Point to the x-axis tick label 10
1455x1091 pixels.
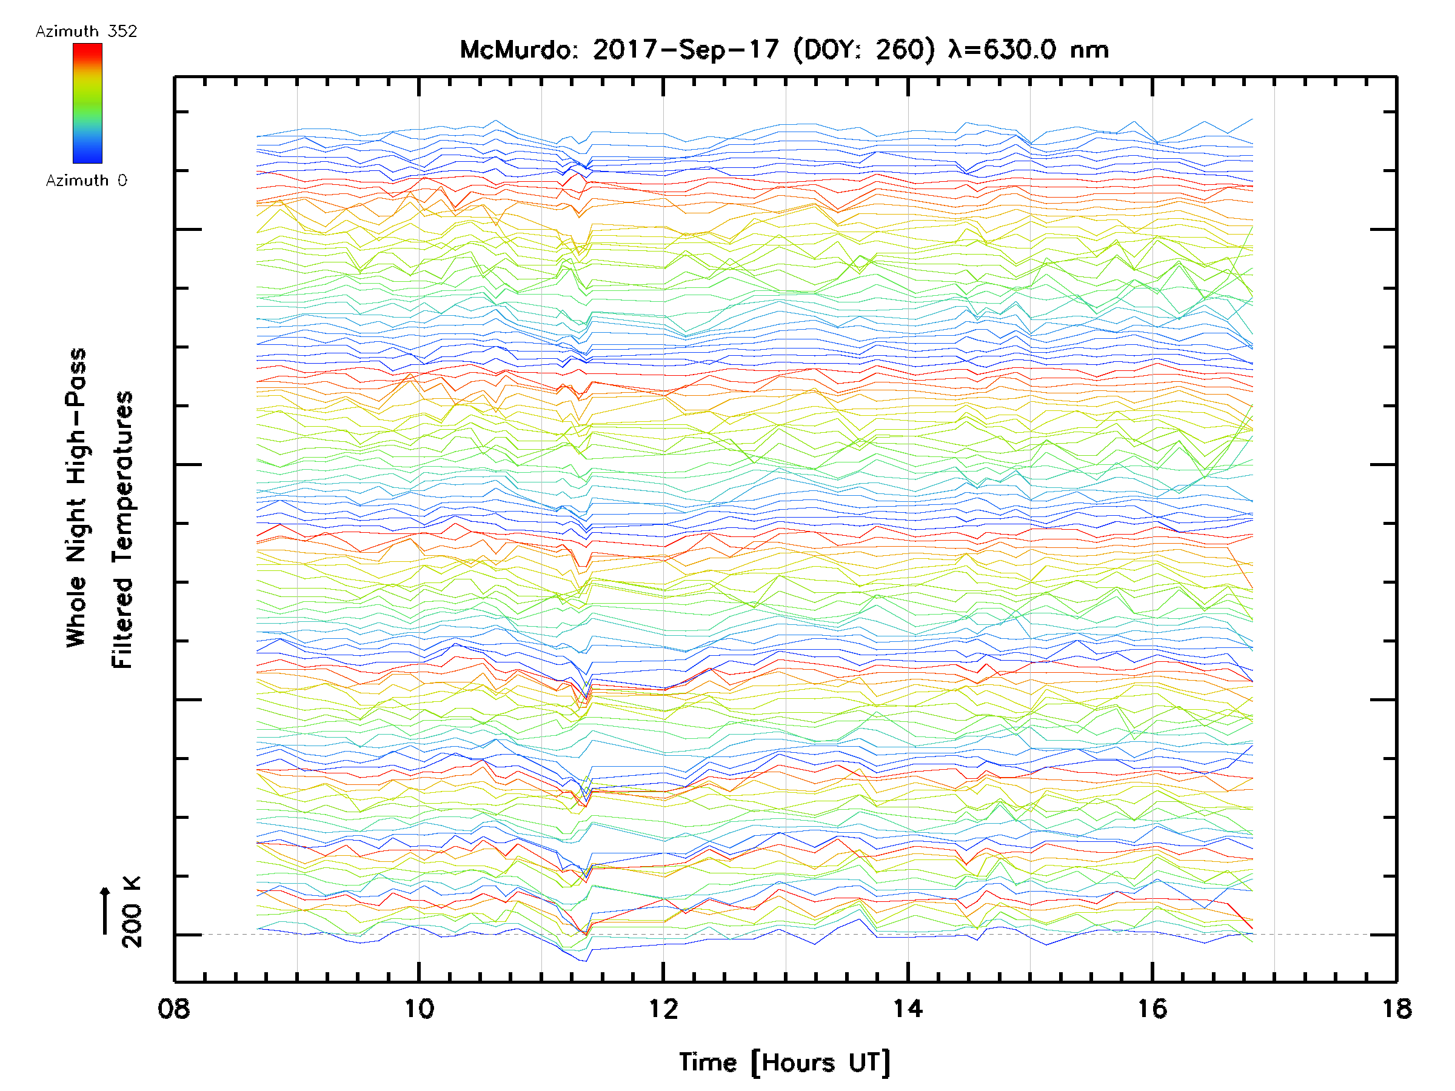418,1008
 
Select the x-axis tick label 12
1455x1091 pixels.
663,1008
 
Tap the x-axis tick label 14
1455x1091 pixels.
908,1008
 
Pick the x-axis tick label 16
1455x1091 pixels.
1152,1008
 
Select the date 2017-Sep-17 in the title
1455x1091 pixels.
686,50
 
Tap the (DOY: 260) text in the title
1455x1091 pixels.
864,50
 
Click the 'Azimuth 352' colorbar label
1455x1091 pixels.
86,32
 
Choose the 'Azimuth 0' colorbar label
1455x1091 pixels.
86,180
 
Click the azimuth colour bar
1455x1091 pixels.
87,103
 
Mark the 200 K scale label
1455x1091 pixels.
132,912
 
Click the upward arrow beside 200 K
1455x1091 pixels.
105,910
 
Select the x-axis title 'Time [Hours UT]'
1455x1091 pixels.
784,1063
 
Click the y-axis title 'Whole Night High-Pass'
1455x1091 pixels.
76,497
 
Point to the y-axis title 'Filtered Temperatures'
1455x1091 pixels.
122,530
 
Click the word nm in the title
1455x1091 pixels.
1090,50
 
